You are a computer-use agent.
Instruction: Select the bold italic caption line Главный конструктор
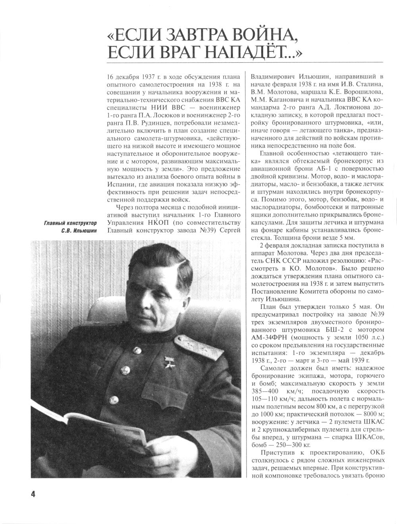point(70,223)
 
